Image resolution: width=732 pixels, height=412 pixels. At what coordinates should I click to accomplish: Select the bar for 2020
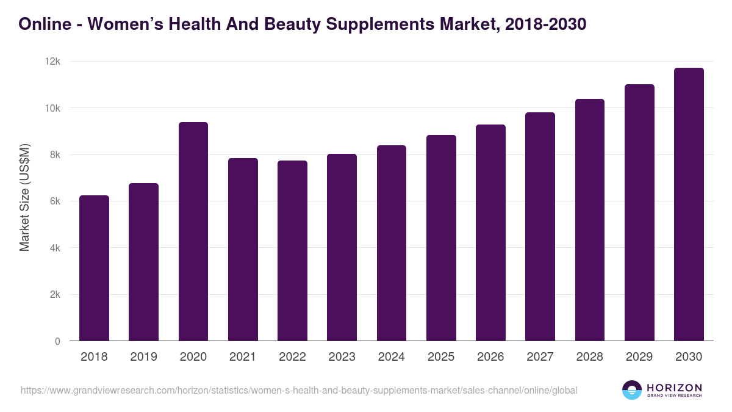click(193, 231)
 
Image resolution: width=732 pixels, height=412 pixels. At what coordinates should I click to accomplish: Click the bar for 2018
click(94, 268)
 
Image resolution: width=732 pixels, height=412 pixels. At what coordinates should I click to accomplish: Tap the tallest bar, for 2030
click(689, 204)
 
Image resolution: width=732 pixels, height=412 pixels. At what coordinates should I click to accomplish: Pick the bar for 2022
click(292, 251)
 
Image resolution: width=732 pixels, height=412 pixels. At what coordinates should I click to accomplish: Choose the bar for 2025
click(441, 238)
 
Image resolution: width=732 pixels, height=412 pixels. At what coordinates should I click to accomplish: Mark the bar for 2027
click(540, 226)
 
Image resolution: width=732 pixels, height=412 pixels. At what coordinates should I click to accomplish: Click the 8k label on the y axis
click(54, 155)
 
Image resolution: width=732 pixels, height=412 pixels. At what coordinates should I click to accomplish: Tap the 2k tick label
click(54, 295)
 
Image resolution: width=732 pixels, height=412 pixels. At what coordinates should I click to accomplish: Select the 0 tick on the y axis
click(57, 341)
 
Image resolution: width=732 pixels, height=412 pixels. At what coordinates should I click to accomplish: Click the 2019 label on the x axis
click(143, 357)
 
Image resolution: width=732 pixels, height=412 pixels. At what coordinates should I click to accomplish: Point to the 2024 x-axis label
click(391, 357)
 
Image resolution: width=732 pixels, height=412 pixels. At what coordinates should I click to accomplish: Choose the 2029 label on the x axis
click(639, 357)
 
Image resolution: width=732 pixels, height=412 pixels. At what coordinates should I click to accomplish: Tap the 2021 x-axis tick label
click(242, 357)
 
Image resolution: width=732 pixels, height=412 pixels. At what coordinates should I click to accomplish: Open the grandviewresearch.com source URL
click(299, 390)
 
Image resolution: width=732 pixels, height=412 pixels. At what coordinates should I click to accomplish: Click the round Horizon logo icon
click(632, 390)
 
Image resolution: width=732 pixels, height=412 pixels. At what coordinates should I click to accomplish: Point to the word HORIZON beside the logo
click(674, 387)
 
